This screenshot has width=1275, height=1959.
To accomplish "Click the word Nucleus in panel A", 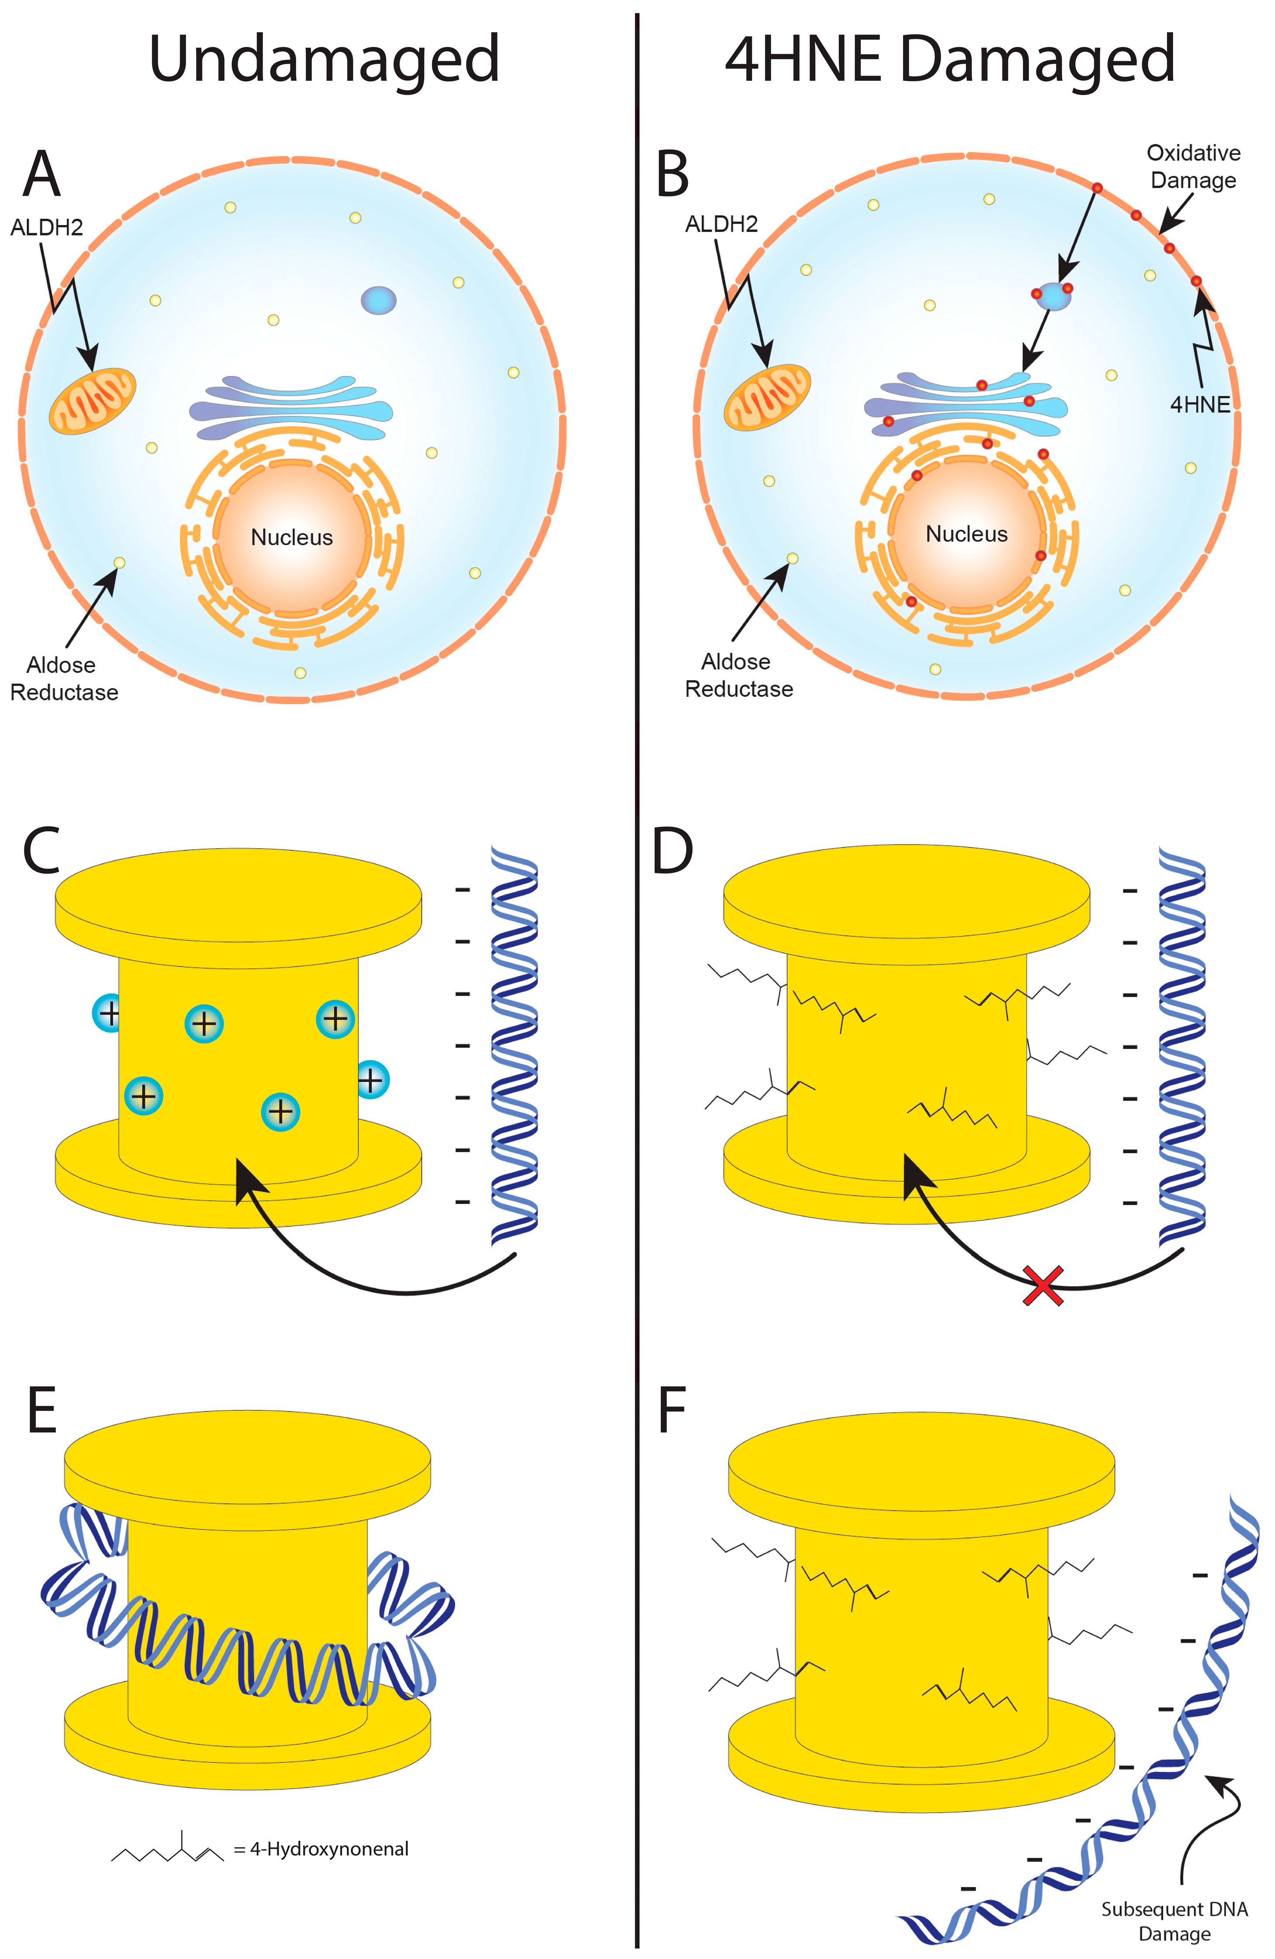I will [x=291, y=537].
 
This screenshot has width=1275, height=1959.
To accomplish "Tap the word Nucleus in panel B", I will [x=966, y=534].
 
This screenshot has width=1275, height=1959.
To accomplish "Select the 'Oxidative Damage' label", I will [x=1193, y=166].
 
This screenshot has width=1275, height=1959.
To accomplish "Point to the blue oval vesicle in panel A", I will [x=379, y=301].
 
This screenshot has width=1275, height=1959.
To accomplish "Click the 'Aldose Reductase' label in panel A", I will [x=63, y=678].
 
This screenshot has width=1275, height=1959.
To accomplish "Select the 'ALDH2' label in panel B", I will [x=721, y=224].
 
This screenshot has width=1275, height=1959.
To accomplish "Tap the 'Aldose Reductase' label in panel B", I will [x=738, y=675].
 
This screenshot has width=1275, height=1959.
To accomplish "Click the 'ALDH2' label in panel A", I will [x=46, y=227].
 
